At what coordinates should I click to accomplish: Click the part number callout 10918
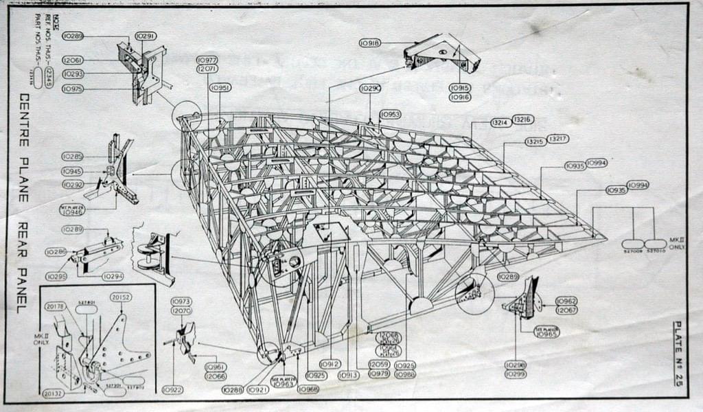370,43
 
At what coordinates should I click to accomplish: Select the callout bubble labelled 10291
145,36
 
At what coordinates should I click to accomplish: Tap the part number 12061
72,60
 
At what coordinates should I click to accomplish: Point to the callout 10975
72,89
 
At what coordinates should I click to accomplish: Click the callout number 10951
220,88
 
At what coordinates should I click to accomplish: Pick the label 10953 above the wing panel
390,114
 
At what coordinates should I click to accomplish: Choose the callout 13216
522,119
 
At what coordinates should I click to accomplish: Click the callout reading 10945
72,171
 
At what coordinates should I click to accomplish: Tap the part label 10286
56,252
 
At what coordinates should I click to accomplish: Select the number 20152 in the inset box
121,297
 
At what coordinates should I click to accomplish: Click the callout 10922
172,389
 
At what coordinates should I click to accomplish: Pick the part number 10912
330,364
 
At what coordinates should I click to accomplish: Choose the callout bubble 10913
349,374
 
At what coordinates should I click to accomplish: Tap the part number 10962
566,301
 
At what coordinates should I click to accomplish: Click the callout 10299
515,374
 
